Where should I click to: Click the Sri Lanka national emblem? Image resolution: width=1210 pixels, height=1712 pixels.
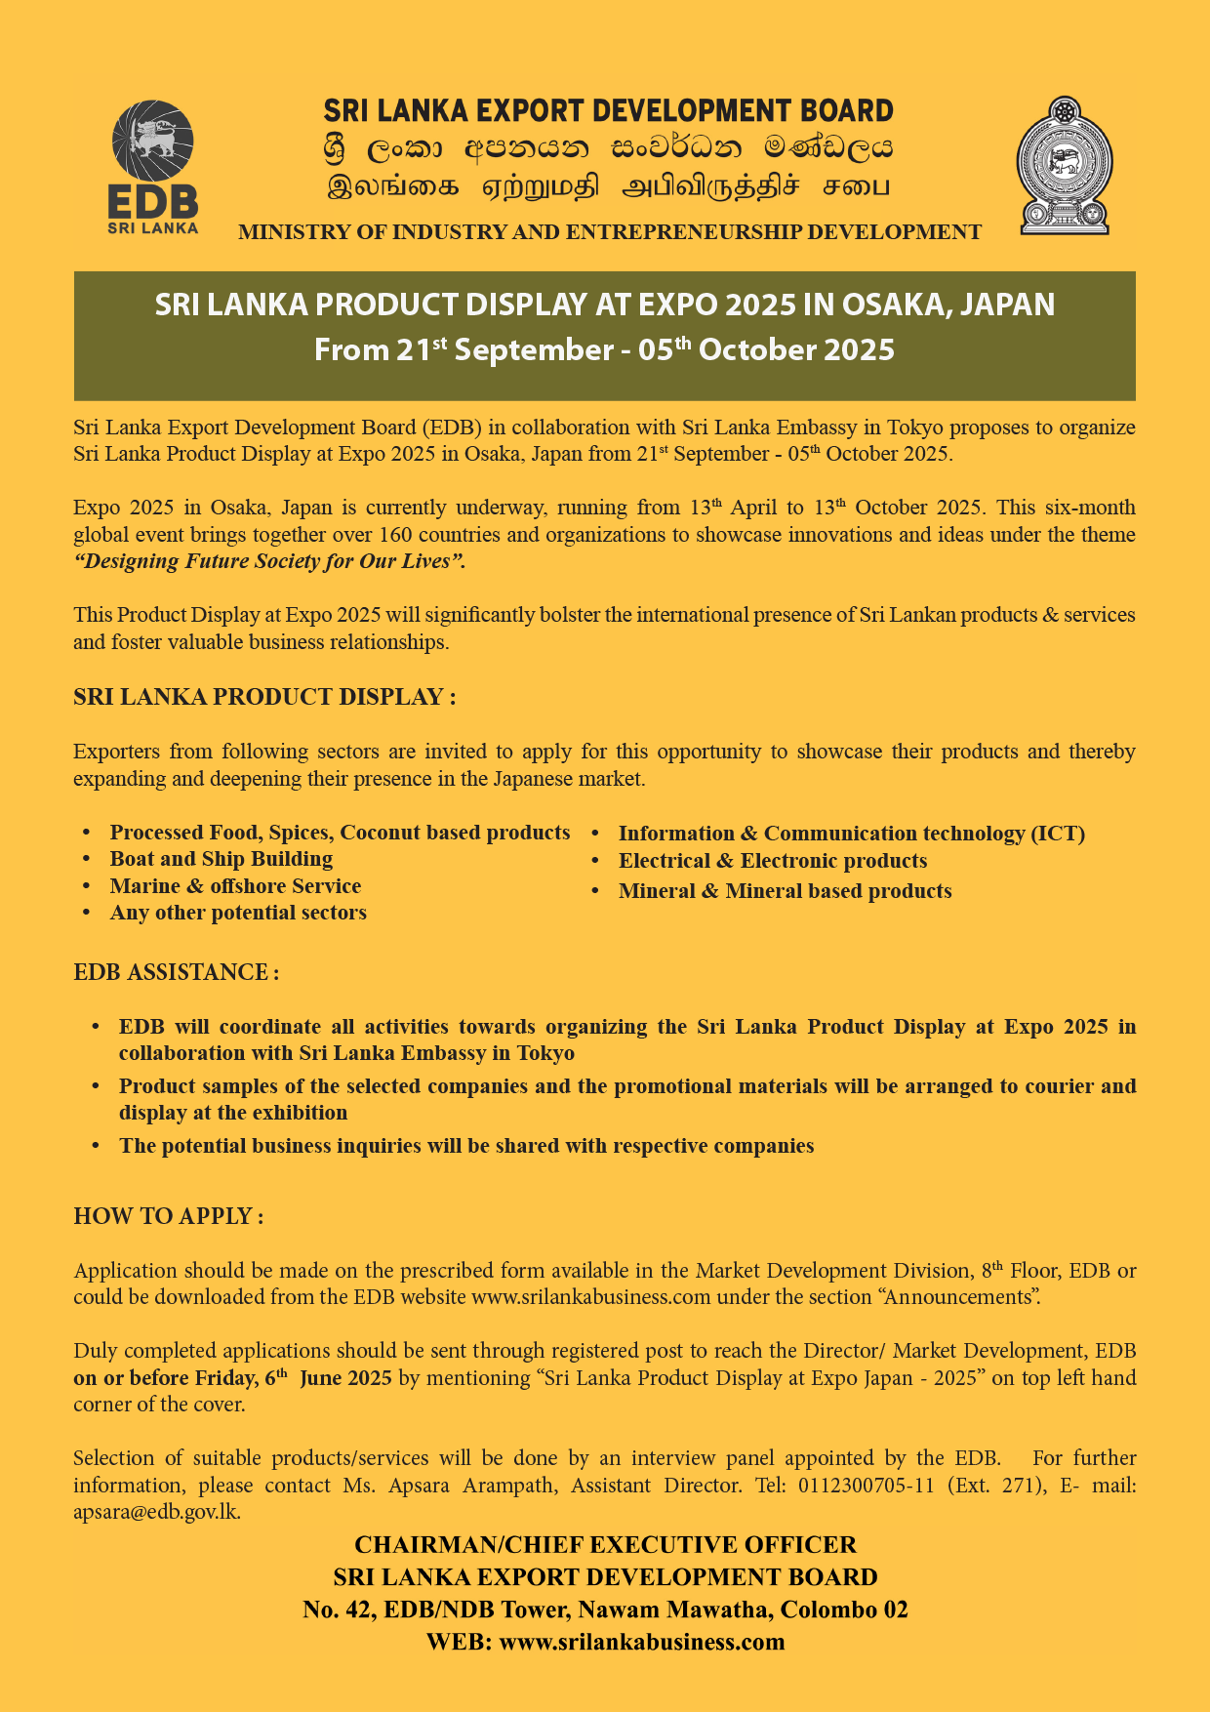pos(1065,165)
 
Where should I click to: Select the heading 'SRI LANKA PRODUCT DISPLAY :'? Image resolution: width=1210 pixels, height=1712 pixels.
pos(264,697)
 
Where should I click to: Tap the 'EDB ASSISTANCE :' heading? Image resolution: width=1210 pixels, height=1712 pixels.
pos(177,972)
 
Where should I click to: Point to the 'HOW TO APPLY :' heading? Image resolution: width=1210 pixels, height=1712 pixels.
pos(169,1216)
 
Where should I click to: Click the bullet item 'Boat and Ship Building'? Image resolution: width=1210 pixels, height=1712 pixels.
pos(221,859)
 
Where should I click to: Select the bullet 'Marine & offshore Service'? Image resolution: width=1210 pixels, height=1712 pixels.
pos(235,886)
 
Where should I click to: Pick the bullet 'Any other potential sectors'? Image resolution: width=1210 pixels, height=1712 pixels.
pos(238,913)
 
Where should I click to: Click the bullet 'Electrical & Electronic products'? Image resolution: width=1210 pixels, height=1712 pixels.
pos(772,861)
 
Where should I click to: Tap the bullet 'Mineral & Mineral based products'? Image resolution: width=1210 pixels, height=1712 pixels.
pos(785,891)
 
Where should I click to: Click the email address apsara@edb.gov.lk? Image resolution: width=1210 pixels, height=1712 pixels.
pos(156,1512)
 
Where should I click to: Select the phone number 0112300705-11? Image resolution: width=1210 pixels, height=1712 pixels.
pos(866,1486)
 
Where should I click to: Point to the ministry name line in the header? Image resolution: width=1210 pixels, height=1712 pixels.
pos(610,232)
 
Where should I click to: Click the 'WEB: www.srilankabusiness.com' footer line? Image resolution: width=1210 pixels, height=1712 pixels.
pos(605,1642)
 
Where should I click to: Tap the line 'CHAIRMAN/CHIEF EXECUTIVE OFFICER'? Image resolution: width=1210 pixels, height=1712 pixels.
pos(605,1545)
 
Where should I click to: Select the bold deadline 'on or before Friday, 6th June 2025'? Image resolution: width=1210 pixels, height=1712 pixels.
pos(232,1378)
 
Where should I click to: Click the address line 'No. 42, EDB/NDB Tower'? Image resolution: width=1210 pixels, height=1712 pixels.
pos(605,1610)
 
